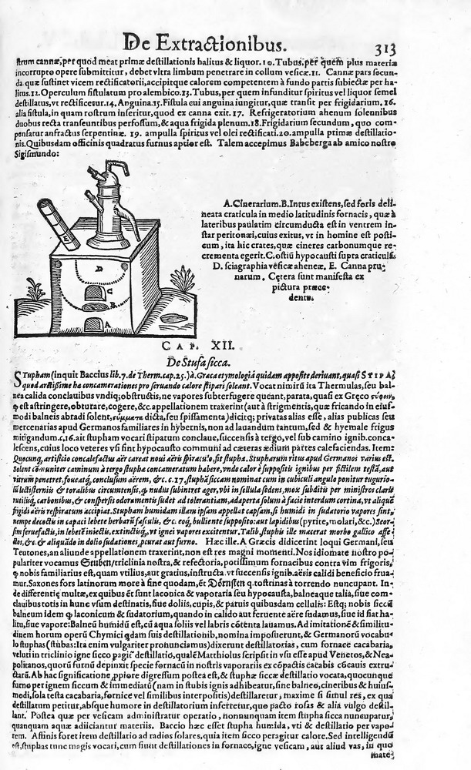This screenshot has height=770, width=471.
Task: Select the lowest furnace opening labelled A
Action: click(93, 324)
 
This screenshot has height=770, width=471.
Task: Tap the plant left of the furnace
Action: click(35, 290)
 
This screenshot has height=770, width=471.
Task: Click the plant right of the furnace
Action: click(182, 280)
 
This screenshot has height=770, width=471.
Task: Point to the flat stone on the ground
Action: click(170, 317)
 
